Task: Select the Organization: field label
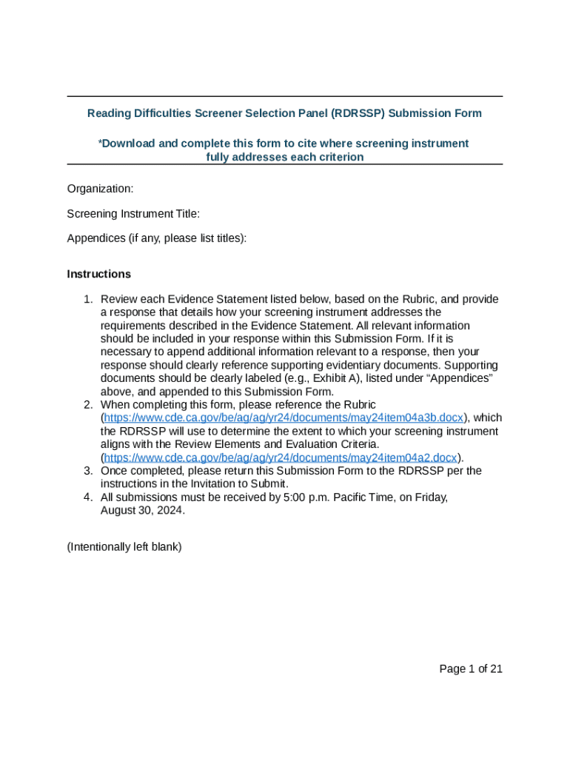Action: coord(100,189)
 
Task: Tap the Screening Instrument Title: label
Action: coord(133,214)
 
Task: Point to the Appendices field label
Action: coord(157,238)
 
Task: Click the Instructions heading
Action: coord(98,274)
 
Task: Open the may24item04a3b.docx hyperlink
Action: coord(284,417)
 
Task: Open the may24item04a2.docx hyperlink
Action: coord(281,457)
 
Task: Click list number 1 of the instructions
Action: coord(87,299)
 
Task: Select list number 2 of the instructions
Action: coord(87,404)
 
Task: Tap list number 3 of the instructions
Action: coord(87,471)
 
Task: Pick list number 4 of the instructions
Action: coord(87,497)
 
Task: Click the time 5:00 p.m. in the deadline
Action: coord(306,497)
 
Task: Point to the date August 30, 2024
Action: coord(142,511)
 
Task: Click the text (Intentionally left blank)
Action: coord(124,547)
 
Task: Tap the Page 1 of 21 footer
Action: coord(471,668)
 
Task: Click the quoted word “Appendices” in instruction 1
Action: coord(460,378)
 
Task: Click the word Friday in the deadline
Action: coord(432,497)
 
